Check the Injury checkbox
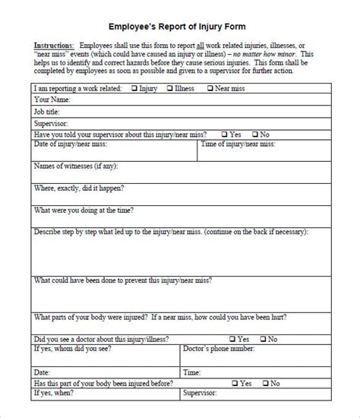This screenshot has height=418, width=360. tap(135, 88)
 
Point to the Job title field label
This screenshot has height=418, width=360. tap(47, 111)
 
